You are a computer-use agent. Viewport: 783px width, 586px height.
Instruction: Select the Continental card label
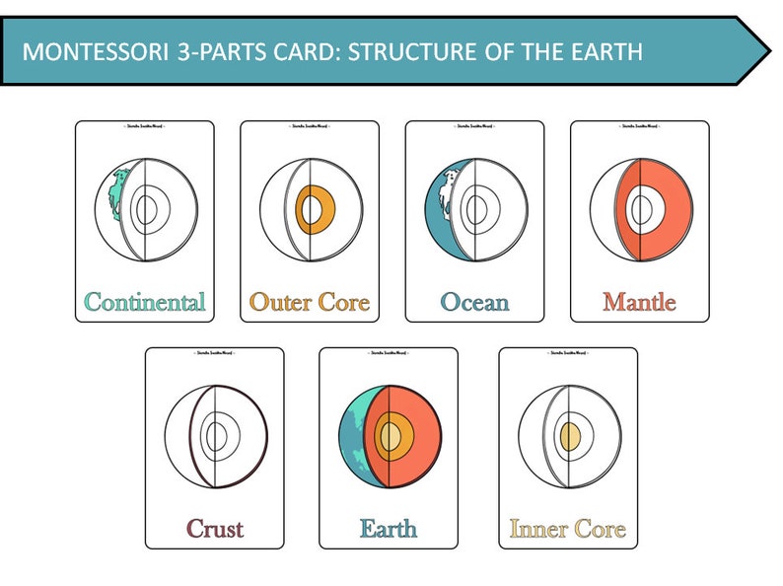145,301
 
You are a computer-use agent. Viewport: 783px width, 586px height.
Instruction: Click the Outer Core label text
310,301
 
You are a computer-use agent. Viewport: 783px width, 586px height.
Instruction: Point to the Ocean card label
474,301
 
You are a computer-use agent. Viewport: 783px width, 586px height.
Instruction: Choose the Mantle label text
639,301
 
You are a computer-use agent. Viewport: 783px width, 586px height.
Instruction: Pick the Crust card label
214,528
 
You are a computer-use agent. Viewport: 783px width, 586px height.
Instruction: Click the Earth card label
388,528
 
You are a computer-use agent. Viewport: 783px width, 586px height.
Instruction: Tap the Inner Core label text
567,529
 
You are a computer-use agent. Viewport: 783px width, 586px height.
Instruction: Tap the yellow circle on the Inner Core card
570,436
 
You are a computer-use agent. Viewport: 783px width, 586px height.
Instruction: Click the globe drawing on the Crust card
214,436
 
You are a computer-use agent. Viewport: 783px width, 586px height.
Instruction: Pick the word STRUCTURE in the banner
390,51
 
